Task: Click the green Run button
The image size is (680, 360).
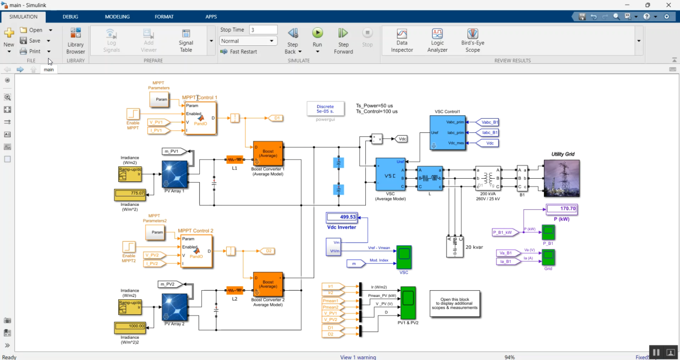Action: (x=317, y=33)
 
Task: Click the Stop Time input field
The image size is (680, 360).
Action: (x=263, y=30)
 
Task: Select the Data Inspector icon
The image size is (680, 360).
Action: (x=402, y=34)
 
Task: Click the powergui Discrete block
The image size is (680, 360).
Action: (x=325, y=109)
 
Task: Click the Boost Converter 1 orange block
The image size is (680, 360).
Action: (x=268, y=153)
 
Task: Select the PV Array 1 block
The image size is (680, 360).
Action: (x=175, y=174)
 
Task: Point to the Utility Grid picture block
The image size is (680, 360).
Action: (x=562, y=178)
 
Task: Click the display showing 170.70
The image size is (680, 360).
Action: (x=562, y=209)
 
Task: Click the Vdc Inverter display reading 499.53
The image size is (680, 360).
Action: (x=342, y=217)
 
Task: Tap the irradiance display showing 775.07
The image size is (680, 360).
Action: (x=130, y=193)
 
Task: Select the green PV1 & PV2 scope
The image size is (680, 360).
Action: (x=408, y=302)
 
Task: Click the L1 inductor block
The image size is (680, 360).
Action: (x=234, y=160)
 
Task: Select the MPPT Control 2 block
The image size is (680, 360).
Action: (x=196, y=251)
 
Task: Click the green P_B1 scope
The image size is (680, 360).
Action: (x=548, y=232)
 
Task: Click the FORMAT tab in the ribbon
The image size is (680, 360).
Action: (x=164, y=17)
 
